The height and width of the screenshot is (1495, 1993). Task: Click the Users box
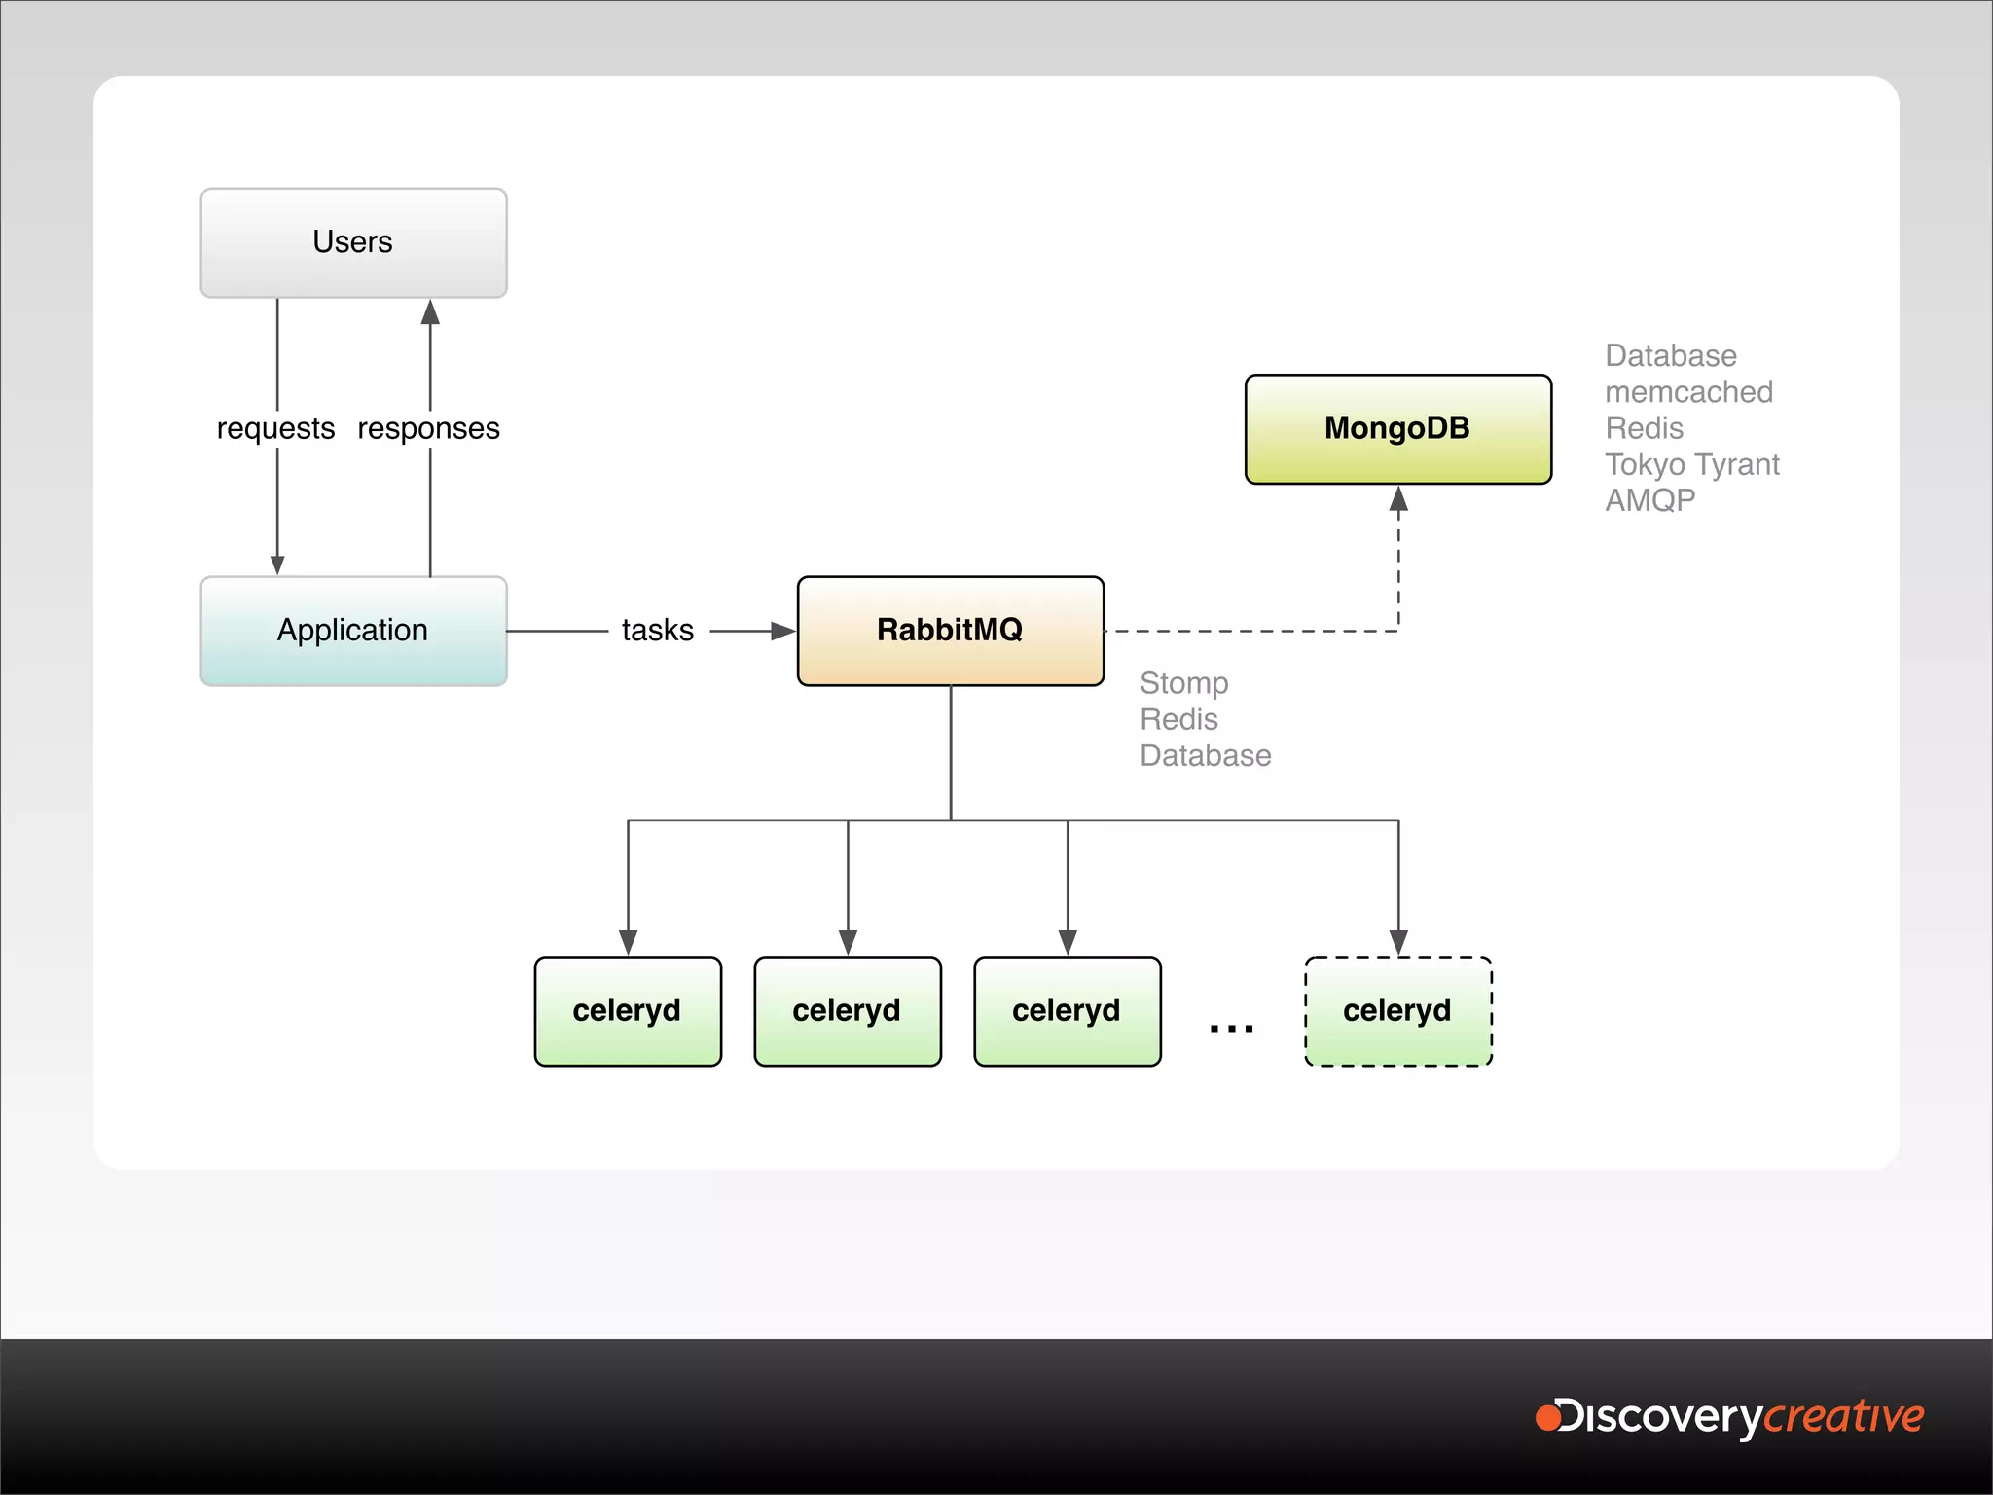click(x=353, y=242)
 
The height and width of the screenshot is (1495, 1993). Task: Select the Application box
click(x=353, y=631)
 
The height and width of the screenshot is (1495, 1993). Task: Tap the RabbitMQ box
click(x=950, y=631)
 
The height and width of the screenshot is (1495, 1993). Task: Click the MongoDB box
click(x=1397, y=428)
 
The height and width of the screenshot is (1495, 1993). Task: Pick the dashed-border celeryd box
click(x=1397, y=1011)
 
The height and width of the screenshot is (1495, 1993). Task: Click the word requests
click(x=275, y=429)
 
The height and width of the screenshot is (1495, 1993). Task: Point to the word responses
click(x=428, y=429)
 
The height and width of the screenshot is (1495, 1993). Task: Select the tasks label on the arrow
click(x=658, y=631)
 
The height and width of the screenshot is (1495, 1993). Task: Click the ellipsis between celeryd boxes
click(x=1231, y=1027)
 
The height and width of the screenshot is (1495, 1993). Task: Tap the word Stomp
click(x=1183, y=683)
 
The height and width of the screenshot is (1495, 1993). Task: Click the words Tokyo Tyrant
click(x=1691, y=464)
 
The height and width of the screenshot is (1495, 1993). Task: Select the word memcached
click(x=1688, y=392)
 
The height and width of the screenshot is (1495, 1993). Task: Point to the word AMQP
click(x=1649, y=500)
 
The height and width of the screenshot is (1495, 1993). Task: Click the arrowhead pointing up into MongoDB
click(x=1398, y=499)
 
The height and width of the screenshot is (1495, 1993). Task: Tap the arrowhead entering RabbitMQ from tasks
click(x=783, y=631)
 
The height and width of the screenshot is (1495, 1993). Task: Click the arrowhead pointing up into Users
click(x=430, y=312)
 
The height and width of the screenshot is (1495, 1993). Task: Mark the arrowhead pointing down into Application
click(x=277, y=565)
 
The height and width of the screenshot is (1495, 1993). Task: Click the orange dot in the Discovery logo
click(x=1547, y=1416)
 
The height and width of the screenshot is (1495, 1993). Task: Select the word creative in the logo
click(x=1844, y=1417)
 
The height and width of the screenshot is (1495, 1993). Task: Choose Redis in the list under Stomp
click(x=1178, y=719)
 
